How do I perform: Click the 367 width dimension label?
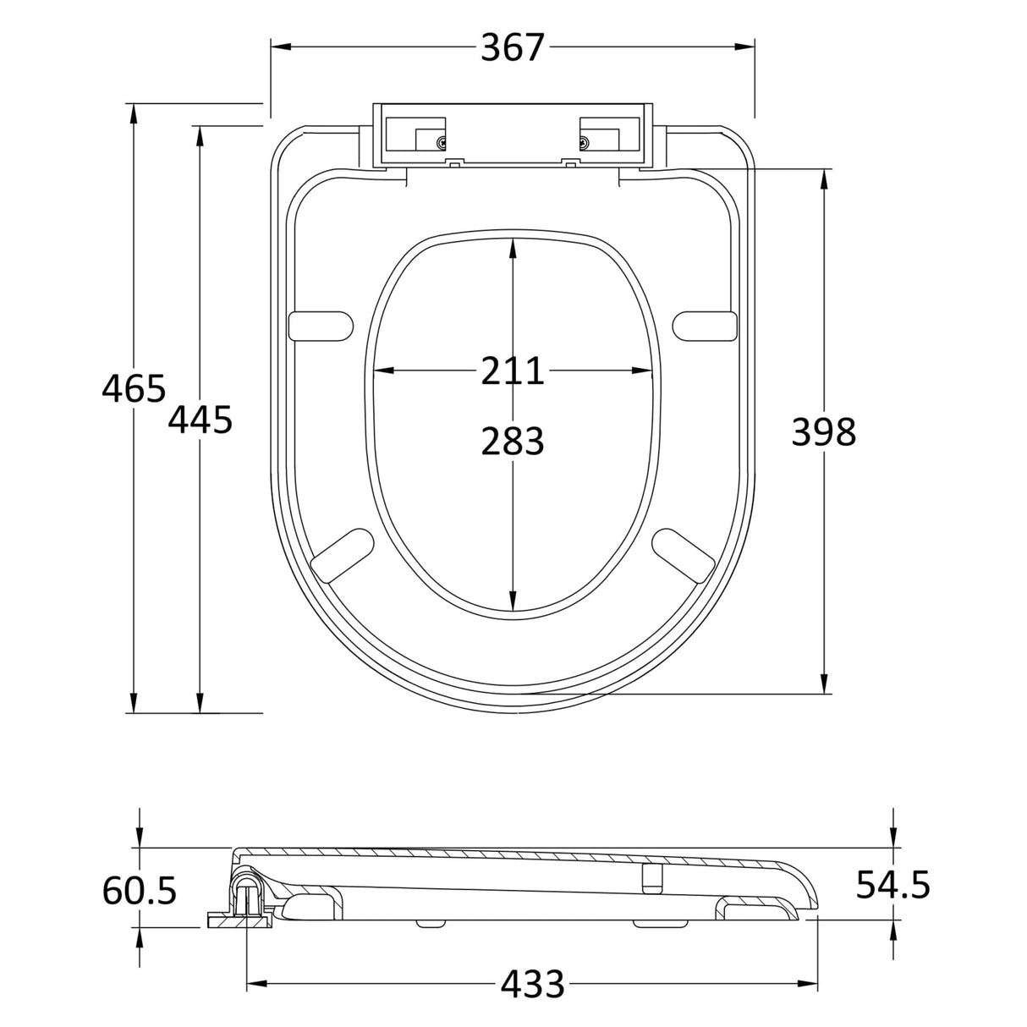pyautogui.click(x=512, y=47)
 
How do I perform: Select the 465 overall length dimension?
pyautogui.click(x=133, y=389)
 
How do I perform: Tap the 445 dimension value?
pyautogui.click(x=200, y=420)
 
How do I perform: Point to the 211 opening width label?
pyautogui.click(x=512, y=371)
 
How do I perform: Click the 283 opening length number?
pyautogui.click(x=512, y=441)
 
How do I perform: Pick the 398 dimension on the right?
pyautogui.click(x=823, y=432)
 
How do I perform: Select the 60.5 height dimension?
pyautogui.click(x=140, y=890)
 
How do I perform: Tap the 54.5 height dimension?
pyautogui.click(x=892, y=885)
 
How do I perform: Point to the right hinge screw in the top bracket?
pyautogui.click(x=584, y=143)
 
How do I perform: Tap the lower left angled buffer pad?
pyautogui.click(x=342, y=555)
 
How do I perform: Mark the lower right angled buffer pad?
pyautogui.click(x=684, y=555)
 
